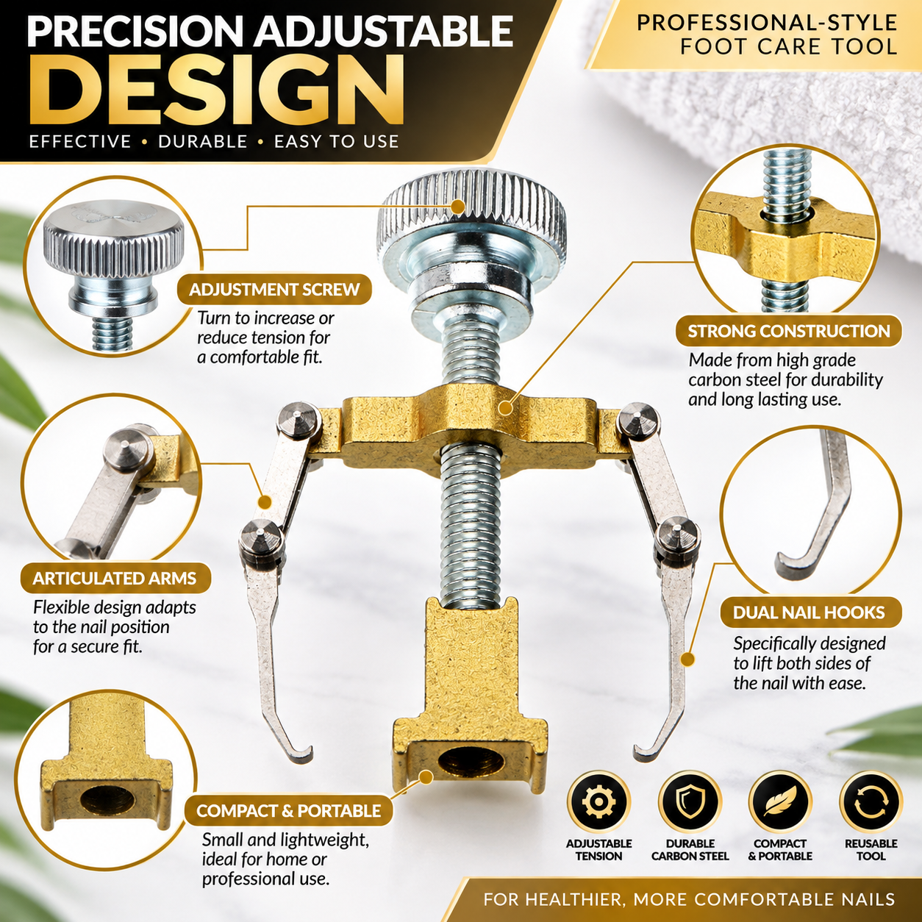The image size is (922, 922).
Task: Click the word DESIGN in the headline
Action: tap(215, 90)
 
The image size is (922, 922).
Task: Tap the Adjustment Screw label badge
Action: tap(274, 290)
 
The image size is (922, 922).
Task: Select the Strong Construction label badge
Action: tap(789, 331)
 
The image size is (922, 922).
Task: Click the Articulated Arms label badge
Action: tap(115, 578)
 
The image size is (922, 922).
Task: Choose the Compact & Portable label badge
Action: tap(288, 810)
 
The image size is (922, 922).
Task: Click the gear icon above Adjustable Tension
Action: tap(598, 802)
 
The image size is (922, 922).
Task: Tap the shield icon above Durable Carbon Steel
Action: tap(690, 802)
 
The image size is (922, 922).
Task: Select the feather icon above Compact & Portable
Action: tap(780, 802)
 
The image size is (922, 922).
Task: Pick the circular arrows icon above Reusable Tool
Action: tap(871, 802)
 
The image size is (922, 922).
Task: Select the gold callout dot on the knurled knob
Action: tap(457, 207)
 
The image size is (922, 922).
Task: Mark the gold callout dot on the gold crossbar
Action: tap(504, 408)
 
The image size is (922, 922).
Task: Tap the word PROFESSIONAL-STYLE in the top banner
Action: tap(767, 23)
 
